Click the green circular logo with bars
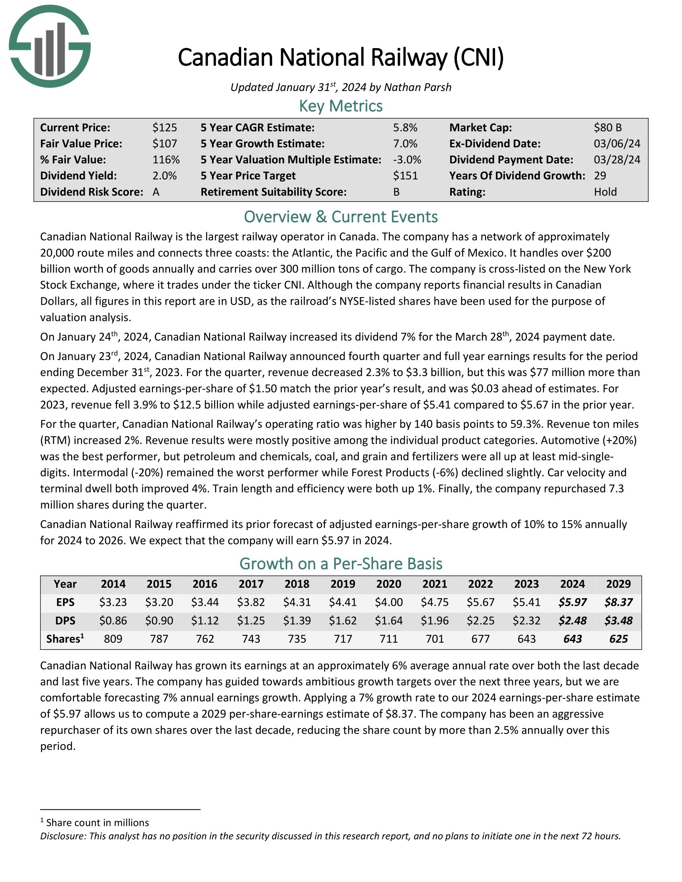[50, 47]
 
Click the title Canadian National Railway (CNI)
[341, 57]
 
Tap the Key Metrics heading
[341, 106]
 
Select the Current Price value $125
[164, 127]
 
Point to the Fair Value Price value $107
[164, 144]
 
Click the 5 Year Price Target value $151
[405, 176]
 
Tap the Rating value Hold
[605, 192]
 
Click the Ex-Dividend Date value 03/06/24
[617, 144]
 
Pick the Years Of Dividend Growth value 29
[600, 176]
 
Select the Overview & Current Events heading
[341, 217]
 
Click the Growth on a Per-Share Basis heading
[341, 564]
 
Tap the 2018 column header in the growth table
[297, 584]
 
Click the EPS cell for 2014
[113, 602]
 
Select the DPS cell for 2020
[389, 620]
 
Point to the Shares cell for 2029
[618, 639]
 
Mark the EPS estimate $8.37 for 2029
[618, 602]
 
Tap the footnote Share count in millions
[97, 823]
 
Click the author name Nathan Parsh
[417, 87]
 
